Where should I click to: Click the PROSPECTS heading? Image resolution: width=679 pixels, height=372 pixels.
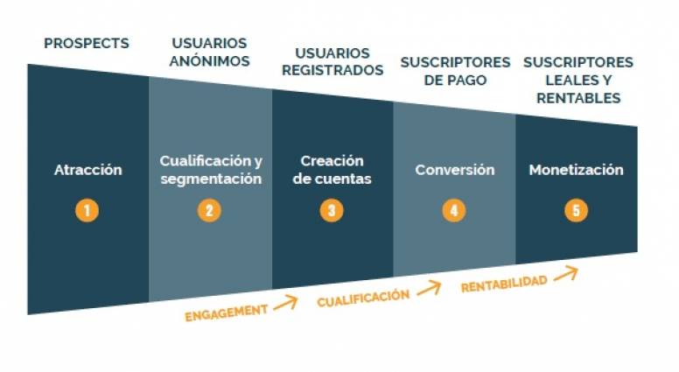click(x=86, y=42)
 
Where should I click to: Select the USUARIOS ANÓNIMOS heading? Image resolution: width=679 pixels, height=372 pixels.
click(x=210, y=52)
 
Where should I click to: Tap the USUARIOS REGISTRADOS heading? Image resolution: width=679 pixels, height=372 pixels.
click(x=332, y=61)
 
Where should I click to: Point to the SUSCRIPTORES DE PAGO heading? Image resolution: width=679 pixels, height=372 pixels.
click(x=455, y=71)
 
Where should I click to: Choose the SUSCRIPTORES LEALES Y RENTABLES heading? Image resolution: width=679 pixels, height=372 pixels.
click(x=577, y=80)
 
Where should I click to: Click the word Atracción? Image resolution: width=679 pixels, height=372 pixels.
click(x=87, y=170)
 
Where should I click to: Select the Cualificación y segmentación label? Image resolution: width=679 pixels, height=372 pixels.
click(x=210, y=170)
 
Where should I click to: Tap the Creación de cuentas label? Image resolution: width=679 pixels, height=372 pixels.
click(x=332, y=170)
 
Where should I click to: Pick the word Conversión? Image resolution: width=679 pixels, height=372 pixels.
click(x=454, y=170)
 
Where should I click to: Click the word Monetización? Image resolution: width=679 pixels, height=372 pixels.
click(x=576, y=170)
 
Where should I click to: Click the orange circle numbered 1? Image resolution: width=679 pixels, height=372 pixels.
click(x=87, y=210)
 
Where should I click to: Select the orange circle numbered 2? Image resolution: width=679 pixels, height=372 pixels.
click(x=209, y=210)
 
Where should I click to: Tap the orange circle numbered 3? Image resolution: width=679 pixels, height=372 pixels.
click(x=332, y=210)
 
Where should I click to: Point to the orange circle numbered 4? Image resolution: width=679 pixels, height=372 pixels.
click(x=453, y=210)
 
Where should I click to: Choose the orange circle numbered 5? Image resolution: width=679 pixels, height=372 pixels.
click(x=576, y=210)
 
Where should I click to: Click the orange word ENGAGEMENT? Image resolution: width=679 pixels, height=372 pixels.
click(x=226, y=312)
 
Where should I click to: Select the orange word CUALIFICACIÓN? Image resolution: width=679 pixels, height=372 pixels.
click(x=363, y=298)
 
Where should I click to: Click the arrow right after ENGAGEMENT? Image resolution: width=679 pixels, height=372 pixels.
click(x=285, y=304)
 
